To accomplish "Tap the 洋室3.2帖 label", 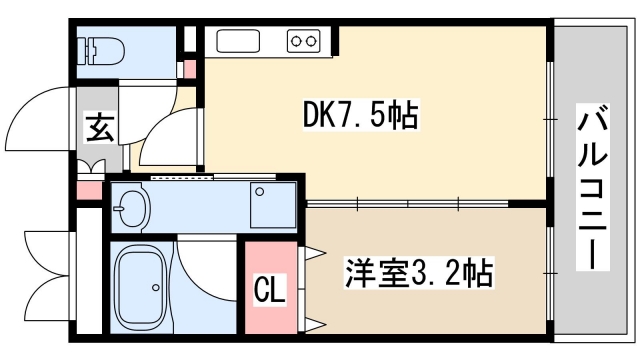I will point(421,272).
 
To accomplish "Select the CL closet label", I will point(270,293).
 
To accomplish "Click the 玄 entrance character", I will point(99,127).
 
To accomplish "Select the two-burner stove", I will point(303,40).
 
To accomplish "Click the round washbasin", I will point(131,209).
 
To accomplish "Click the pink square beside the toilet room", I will point(191,69).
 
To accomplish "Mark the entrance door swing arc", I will point(45,120).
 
